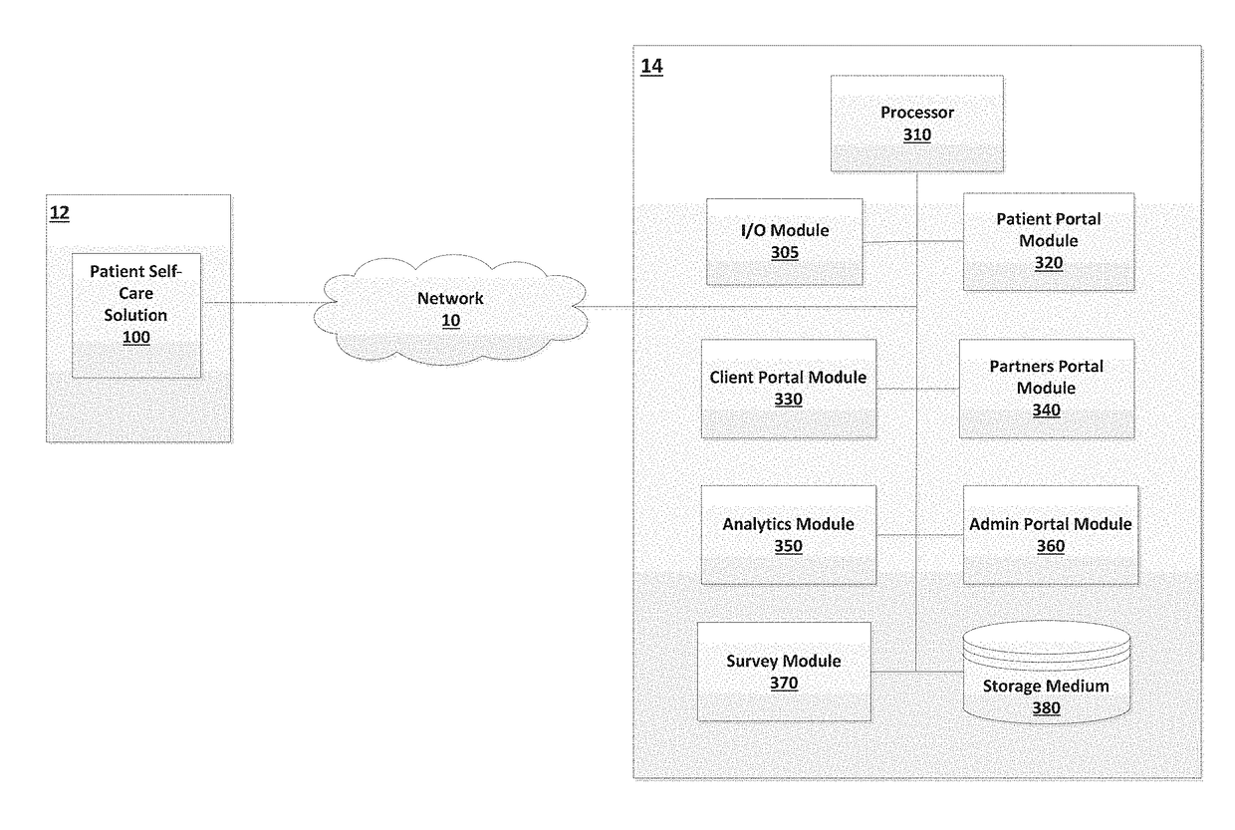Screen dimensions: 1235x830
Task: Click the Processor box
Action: click(x=917, y=124)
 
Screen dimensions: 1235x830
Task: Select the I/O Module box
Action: click(x=785, y=241)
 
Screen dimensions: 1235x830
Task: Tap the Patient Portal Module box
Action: click(x=1049, y=241)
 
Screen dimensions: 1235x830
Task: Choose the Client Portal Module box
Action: click(x=789, y=389)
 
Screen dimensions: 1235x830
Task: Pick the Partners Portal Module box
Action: click(x=1047, y=389)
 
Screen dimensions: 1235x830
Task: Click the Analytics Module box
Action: click(x=789, y=535)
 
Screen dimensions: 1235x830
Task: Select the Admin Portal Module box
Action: click(x=1051, y=535)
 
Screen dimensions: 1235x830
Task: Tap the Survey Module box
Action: click(x=784, y=672)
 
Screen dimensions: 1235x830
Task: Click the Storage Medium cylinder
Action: click(x=1047, y=673)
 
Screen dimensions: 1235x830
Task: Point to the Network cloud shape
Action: click(x=450, y=310)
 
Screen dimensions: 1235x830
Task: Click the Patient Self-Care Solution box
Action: click(x=136, y=316)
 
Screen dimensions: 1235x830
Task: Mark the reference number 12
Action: click(x=60, y=213)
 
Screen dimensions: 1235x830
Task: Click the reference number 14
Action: click(x=651, y=66)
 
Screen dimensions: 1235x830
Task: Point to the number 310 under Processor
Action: click(x=917, y=136)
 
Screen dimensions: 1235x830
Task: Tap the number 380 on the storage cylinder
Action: click(x=1047, y=708)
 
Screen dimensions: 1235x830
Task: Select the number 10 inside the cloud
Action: click(x=450, y=321)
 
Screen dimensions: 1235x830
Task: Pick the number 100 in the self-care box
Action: click(x=136, y=338)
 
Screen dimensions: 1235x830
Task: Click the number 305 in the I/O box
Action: click(x=785, y=252)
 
